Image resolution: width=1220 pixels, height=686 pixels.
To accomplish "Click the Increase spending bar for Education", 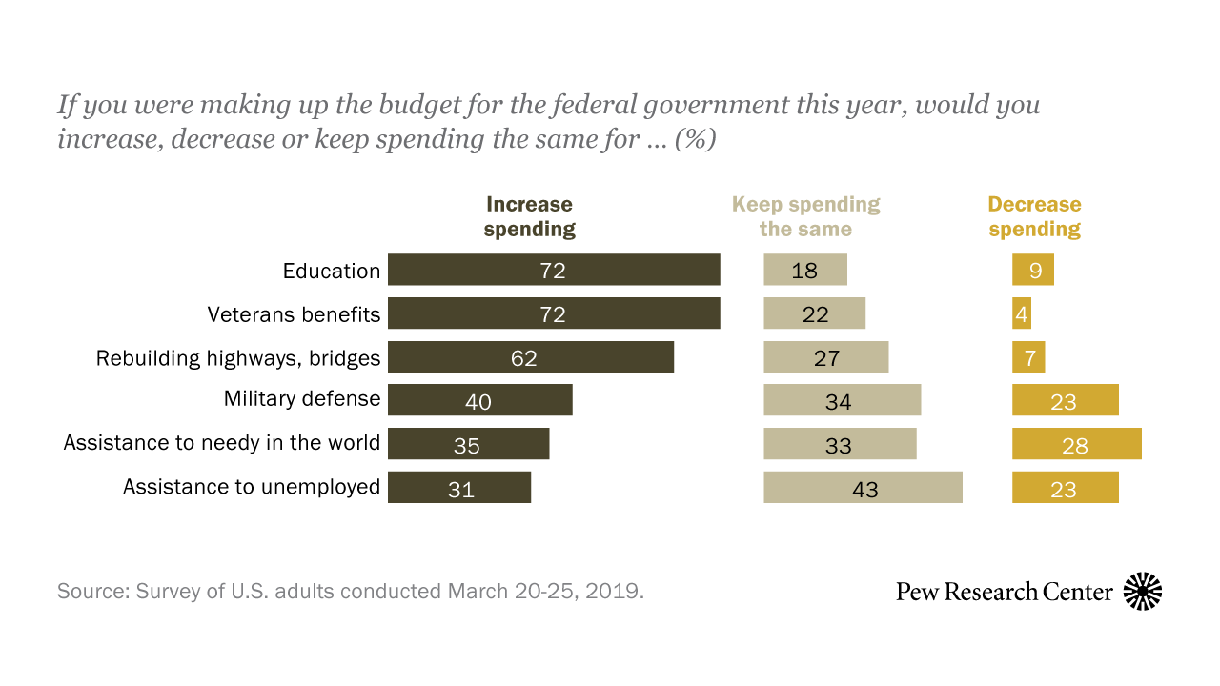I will (554, 270).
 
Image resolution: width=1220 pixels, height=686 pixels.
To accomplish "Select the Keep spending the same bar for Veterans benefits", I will (814, 313).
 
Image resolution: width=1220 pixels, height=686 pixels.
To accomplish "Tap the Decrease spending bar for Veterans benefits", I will (1022, 313).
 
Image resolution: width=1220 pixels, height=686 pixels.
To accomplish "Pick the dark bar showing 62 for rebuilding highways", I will (531, 357).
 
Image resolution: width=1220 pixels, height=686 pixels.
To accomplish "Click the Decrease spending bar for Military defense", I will (1065, 400).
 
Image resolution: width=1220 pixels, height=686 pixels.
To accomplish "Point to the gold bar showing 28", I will (1076, 444).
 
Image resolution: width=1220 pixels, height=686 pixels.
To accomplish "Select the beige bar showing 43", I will (863, 487).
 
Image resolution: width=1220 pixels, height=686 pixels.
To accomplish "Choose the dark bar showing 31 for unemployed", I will (459, 487).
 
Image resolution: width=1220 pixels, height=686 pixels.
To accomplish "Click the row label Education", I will (332, 271).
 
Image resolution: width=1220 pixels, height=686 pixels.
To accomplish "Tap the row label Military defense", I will (302, 399).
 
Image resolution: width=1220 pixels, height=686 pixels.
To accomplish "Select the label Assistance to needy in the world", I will (222, 443).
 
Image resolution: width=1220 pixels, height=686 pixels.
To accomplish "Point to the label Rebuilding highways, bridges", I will (238, 358).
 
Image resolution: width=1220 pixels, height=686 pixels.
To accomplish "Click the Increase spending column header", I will (530, 216).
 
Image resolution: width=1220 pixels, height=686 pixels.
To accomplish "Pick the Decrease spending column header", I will (1034, 216).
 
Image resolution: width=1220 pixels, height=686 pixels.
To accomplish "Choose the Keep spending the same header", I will (805, 216).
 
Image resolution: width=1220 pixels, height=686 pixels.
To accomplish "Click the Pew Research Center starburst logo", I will (1143, 592).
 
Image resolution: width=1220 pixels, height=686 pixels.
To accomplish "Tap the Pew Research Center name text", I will (1004, 592).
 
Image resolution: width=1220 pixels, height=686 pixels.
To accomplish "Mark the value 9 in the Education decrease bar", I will (1035, 271).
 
